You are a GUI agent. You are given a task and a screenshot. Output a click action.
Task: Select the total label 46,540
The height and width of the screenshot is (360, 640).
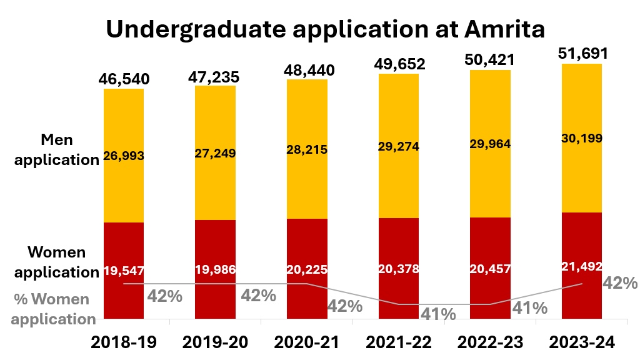pos(124,79)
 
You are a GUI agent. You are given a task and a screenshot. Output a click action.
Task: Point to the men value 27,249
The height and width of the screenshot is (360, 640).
pos(215,152)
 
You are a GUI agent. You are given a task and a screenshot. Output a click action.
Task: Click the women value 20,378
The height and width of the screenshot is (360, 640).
pos(399,269)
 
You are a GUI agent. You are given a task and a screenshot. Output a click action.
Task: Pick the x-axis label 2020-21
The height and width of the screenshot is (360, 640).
pos(307,342)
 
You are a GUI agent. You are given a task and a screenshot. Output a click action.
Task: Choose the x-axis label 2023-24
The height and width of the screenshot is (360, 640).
pos(582,342)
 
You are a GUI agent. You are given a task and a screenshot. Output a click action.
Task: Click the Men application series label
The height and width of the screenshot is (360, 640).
pos(57,149)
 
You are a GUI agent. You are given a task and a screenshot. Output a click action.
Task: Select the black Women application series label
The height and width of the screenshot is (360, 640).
pos(57,262)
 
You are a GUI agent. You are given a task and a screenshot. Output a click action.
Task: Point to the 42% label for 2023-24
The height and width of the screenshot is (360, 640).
pos(619,283)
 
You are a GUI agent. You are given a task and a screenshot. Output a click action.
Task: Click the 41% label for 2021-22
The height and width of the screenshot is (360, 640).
pos(437,314)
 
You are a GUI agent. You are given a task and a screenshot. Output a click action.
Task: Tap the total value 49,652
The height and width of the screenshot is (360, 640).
pos(399,64)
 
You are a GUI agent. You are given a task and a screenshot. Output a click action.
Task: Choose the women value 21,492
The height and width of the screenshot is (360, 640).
pos(582,266)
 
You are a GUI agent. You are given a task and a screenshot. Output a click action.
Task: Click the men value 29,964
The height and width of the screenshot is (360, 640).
pos(490,144)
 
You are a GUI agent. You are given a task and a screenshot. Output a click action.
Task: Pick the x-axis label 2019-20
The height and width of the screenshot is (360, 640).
pos(215,342)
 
